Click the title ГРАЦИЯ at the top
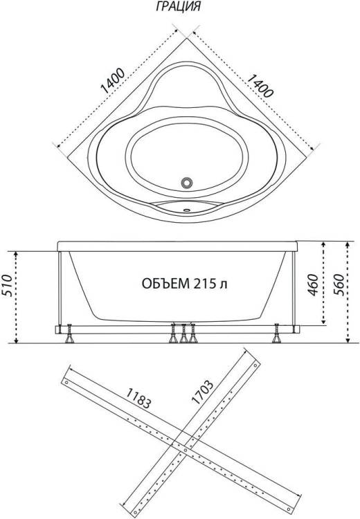pos(178,6)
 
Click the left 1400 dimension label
pos(113,82)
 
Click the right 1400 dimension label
pos(260,86)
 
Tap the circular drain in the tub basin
pos(187,183)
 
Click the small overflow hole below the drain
pos(187,209)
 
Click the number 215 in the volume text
pos(204,284)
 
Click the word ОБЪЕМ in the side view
pos(165,284)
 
